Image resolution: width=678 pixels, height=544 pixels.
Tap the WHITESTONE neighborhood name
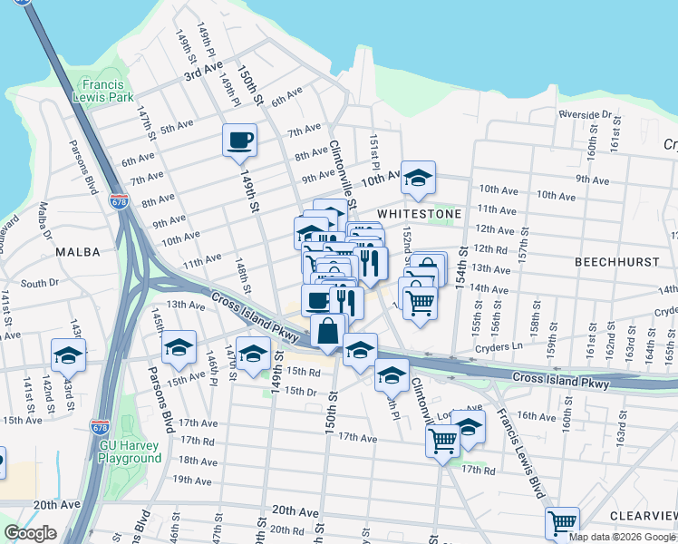pyautogui.click(x=420, y=213)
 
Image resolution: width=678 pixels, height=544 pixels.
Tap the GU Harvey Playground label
pyautogui.click(x=131, y=452)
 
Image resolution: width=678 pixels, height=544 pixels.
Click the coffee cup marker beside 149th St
pyautogui.click(x=239, y=141)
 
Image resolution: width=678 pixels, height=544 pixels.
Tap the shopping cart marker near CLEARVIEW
pyautogui.click(x=562, y=523)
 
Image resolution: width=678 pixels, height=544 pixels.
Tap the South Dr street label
pyautogui.click(x=39, y=284)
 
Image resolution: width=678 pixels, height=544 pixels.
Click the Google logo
pyautogui.click(x=30, y=533)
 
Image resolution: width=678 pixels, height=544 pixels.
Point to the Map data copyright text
pyautogui.click(x=622, y=537)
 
